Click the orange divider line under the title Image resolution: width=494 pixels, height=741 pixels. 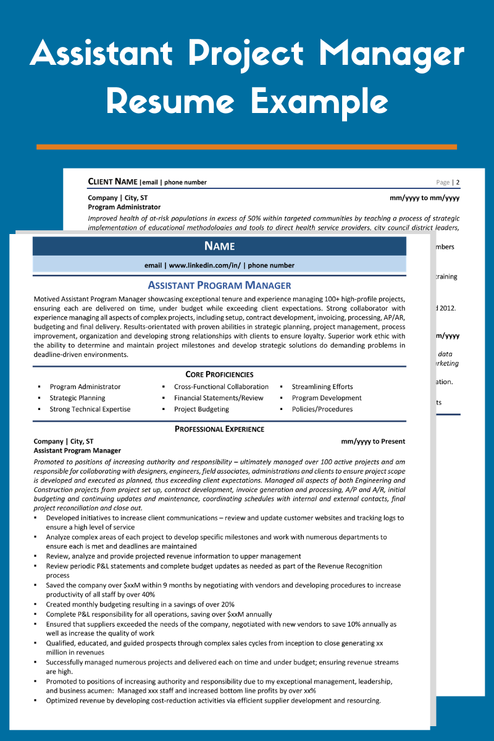point(246,147)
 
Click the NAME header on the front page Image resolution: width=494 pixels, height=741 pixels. point(219,246)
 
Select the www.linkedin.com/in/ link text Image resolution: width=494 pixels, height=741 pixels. point(204,266)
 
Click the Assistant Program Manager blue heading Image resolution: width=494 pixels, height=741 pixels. point(219,285)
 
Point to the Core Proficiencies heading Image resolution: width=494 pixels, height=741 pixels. point(219,374)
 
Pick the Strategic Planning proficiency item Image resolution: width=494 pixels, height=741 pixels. point(77,398)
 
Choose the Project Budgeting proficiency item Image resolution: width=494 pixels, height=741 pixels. point(201,409)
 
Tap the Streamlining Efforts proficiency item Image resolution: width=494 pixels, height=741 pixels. point(322,387)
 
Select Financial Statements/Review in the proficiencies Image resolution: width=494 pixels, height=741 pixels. point(219,398)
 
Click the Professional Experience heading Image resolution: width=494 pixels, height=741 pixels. point(219,429)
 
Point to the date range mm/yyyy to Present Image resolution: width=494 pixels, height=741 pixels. point(373,442)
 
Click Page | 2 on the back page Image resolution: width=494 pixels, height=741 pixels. point(448,182)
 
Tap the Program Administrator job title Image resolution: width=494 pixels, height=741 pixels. point(124,207)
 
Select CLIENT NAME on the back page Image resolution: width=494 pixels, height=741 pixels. point(113,182)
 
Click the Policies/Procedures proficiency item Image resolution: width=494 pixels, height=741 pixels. point(322,409)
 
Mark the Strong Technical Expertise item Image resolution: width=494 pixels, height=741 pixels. point(90,409)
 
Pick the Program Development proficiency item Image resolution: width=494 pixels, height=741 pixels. point(327,398)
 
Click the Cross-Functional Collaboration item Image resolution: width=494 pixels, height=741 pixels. point(221,387)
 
